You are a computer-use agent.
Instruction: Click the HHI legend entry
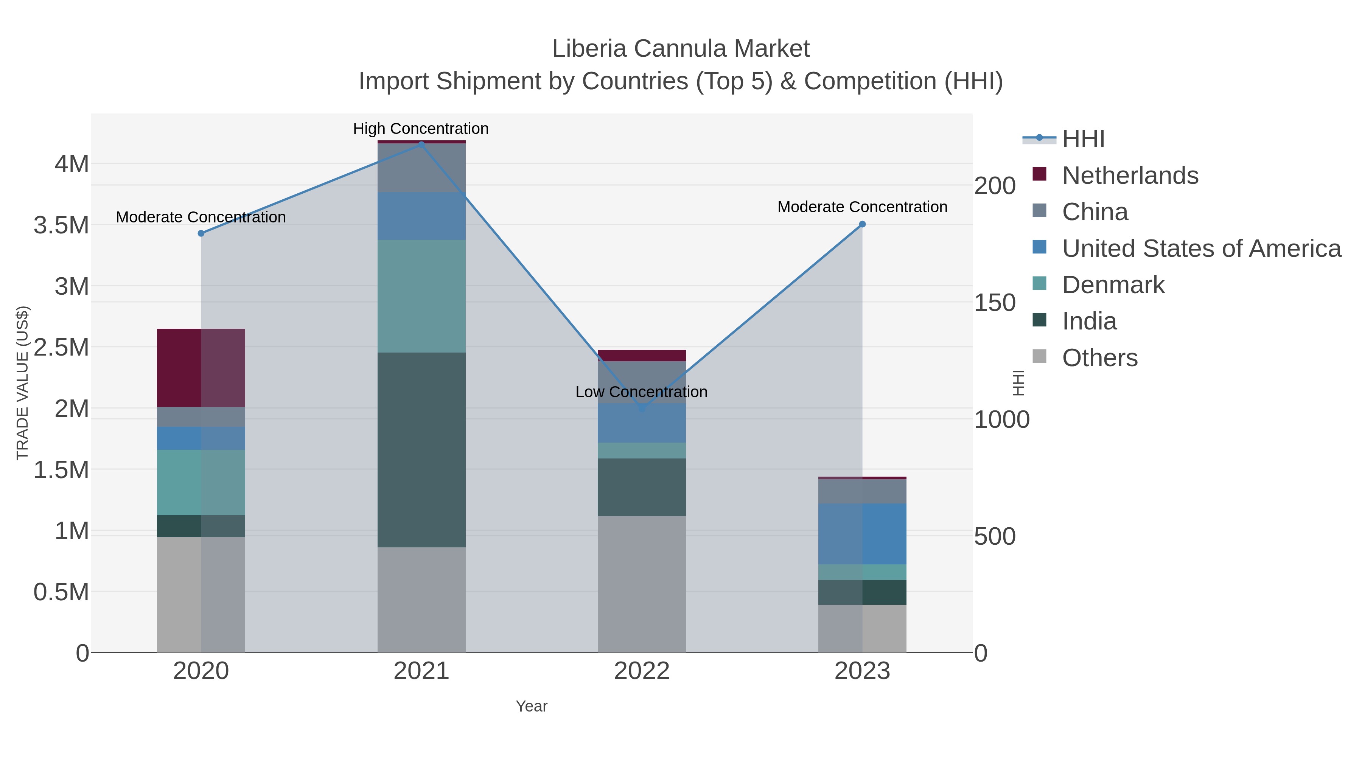[x=1083, y=139]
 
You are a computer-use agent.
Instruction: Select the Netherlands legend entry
[x=1129, y=176]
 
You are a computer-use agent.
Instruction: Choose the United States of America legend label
[x=1201, y=249]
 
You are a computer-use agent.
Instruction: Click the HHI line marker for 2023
[x=862, y=224]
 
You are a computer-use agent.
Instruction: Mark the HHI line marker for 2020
[x=201, y=233]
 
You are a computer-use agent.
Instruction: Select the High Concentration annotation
[x=421, y=129]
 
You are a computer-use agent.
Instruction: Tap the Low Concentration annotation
[x=641, y=392]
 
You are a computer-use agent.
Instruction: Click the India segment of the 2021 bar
[x=421, y=449]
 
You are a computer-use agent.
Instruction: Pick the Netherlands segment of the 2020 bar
[x=201, y=368]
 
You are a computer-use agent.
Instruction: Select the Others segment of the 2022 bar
[x=641, y=584]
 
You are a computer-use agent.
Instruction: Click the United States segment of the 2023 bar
[x=862, y=534]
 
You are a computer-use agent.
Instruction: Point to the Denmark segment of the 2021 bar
[x=421, y=296]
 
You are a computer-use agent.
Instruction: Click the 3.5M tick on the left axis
[x=61, y=225]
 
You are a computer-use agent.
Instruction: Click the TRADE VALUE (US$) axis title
[x=22, y=383]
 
